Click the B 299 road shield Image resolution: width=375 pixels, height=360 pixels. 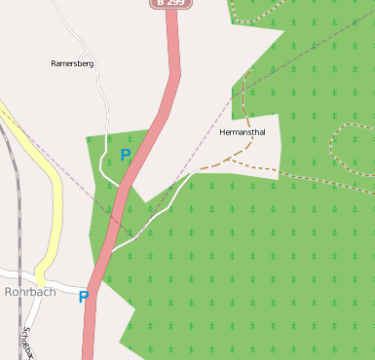169,4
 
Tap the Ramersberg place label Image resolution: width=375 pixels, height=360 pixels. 72,63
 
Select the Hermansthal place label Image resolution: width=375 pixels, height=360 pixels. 243,132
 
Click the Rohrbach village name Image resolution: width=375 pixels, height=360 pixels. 29,291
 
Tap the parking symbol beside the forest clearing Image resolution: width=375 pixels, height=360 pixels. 125,155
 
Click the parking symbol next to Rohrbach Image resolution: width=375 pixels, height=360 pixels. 84,297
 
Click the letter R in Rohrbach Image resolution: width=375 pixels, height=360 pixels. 10,291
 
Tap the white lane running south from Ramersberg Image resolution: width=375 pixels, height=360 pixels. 105,107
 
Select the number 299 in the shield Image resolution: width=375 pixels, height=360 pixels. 174,4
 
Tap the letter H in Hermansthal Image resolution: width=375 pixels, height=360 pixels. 224,132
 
